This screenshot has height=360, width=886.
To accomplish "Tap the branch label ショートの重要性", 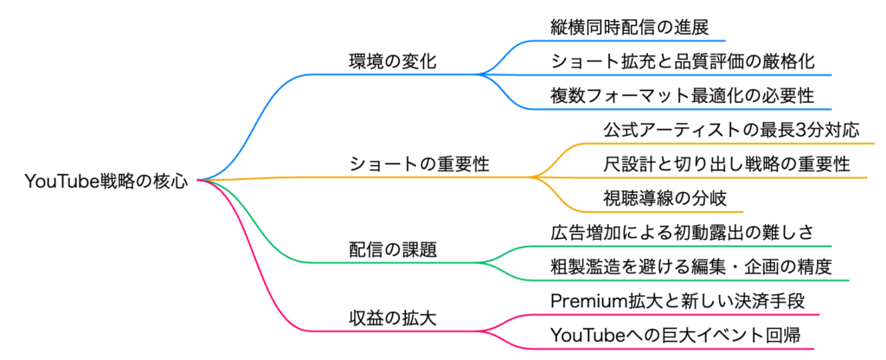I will (x=420, y=164).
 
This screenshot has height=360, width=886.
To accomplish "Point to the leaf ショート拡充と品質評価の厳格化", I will (x=682, y=61).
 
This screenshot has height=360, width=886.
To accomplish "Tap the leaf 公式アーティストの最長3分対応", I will (x=731, y=131).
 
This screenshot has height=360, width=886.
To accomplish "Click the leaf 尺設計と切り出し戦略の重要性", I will (x=727, y=164).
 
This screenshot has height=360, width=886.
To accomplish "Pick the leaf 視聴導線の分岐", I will (x=660, y=198).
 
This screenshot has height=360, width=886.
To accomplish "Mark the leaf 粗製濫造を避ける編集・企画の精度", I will (x=692, y=267).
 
